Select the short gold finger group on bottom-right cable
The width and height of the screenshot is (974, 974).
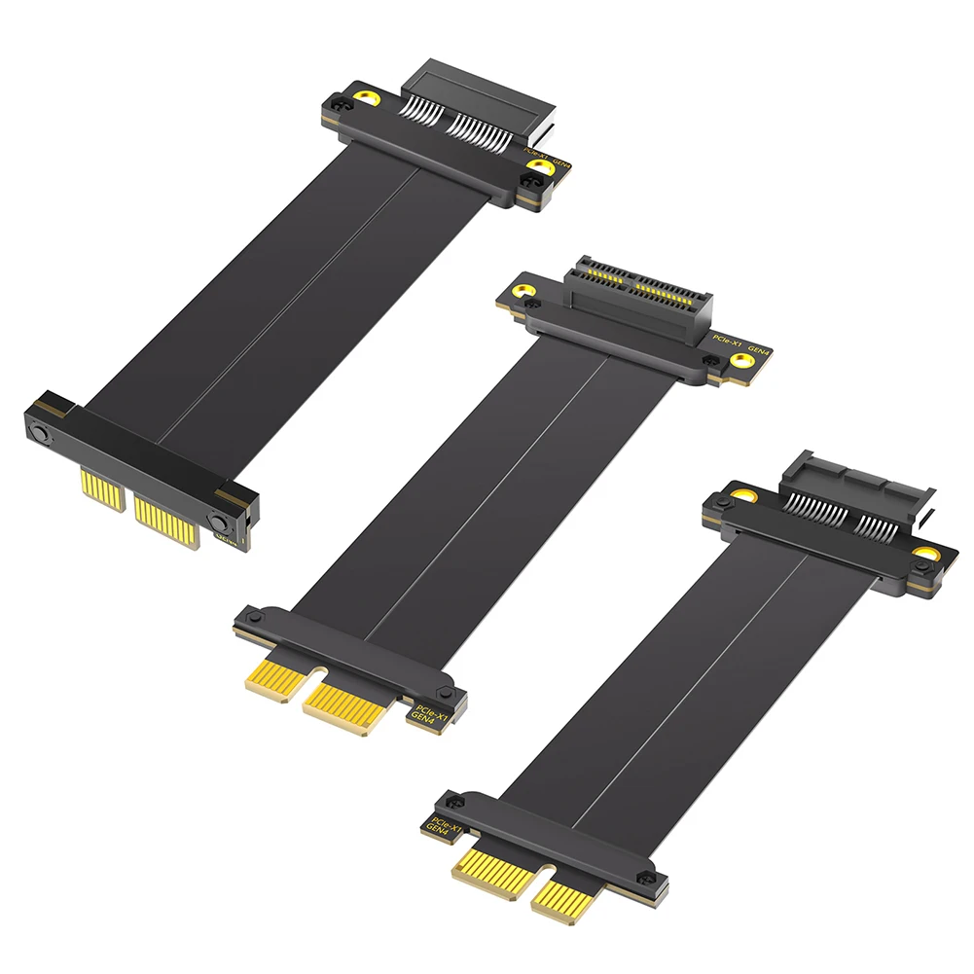(x=567, y=895)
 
